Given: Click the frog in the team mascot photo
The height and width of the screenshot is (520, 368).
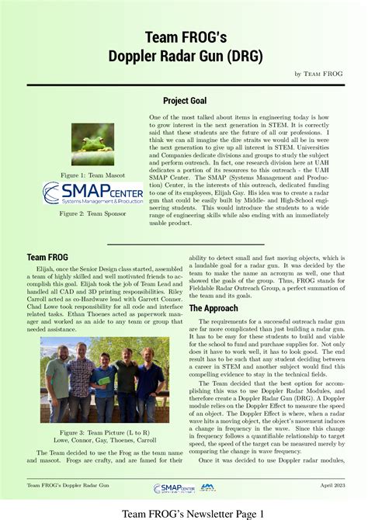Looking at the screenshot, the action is (93, 139).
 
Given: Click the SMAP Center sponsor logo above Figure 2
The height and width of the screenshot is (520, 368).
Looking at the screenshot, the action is (92, 193).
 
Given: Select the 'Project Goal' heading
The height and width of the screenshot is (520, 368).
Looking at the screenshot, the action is (184, 101).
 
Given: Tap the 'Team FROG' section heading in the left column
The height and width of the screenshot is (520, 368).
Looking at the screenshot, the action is (47, 257).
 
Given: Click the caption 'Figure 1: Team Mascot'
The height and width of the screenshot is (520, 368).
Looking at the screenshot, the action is (92, 176).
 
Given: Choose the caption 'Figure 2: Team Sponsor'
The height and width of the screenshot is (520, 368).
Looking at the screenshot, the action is (92, 212).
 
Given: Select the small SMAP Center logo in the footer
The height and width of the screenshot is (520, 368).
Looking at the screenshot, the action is (175, 487).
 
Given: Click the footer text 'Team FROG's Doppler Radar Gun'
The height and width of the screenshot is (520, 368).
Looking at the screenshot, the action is (68, 487).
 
